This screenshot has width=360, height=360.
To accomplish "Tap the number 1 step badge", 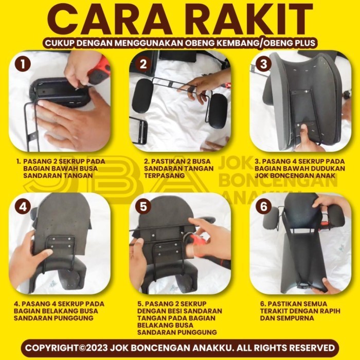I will point(23,64).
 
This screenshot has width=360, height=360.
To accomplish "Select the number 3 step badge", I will point(264,64).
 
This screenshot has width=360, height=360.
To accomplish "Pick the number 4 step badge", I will point(23,207).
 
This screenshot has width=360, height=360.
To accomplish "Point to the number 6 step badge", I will point(264,207).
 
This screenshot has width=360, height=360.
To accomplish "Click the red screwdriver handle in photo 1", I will point(99,70).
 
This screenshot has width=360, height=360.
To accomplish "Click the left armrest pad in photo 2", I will point(142,96).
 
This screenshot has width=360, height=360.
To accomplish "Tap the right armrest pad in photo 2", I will point(218,111).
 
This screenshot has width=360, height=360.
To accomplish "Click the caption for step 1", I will point(61,168).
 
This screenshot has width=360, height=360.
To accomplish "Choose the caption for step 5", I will point(180,318).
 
